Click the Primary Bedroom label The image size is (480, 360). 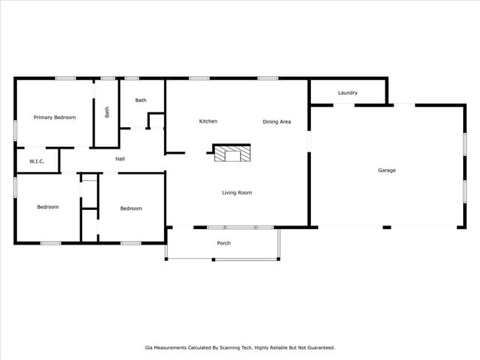tap(55, 117)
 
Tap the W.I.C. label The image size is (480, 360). tap(37, 160)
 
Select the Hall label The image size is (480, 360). tap(120, 158)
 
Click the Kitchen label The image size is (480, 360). tap(208, 121)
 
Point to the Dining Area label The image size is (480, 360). tap(276, 121)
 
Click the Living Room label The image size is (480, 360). tap(237, 192)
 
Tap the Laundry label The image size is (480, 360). tap(348, 92)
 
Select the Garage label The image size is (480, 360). tap(387, 170)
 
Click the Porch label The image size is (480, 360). tap(223, 242)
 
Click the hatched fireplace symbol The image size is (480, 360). tap(233, 154)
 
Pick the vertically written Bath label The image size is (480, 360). tap(107, 112)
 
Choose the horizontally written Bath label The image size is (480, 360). tap(140, 100)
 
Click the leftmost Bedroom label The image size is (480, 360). tap(48, 207)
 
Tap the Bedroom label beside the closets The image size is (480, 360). tap(131, 208)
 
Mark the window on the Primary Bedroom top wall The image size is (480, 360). tap(66, 78)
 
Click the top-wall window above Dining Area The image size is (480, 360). tap(268, 78)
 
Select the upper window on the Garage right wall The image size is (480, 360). tap(464, 143)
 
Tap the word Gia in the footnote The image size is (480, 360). tap(148, 347)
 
